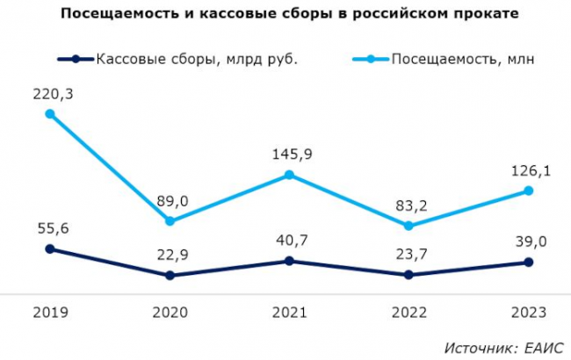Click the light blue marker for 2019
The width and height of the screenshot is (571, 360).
tap(50, 113)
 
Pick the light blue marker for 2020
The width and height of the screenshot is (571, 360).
tap(170, 220)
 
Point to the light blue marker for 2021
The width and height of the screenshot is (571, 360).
tap(289, 175)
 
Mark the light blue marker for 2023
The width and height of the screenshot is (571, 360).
tap(528, 191)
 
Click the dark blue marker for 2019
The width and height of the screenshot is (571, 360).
tap(50, 248)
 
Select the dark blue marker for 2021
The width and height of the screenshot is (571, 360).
tap(289, 261)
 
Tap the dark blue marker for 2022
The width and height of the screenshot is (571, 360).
tap(408, 275)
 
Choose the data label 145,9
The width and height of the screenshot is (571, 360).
tap(290, 154)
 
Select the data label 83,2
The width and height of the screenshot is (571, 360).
tap(409, 205)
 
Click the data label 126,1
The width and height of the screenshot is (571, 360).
tap(529, 170)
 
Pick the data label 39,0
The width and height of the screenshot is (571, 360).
tap(529, 241)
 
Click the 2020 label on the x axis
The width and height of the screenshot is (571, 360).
tap(170, 313)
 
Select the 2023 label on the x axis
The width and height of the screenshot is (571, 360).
tap(528, 313)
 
